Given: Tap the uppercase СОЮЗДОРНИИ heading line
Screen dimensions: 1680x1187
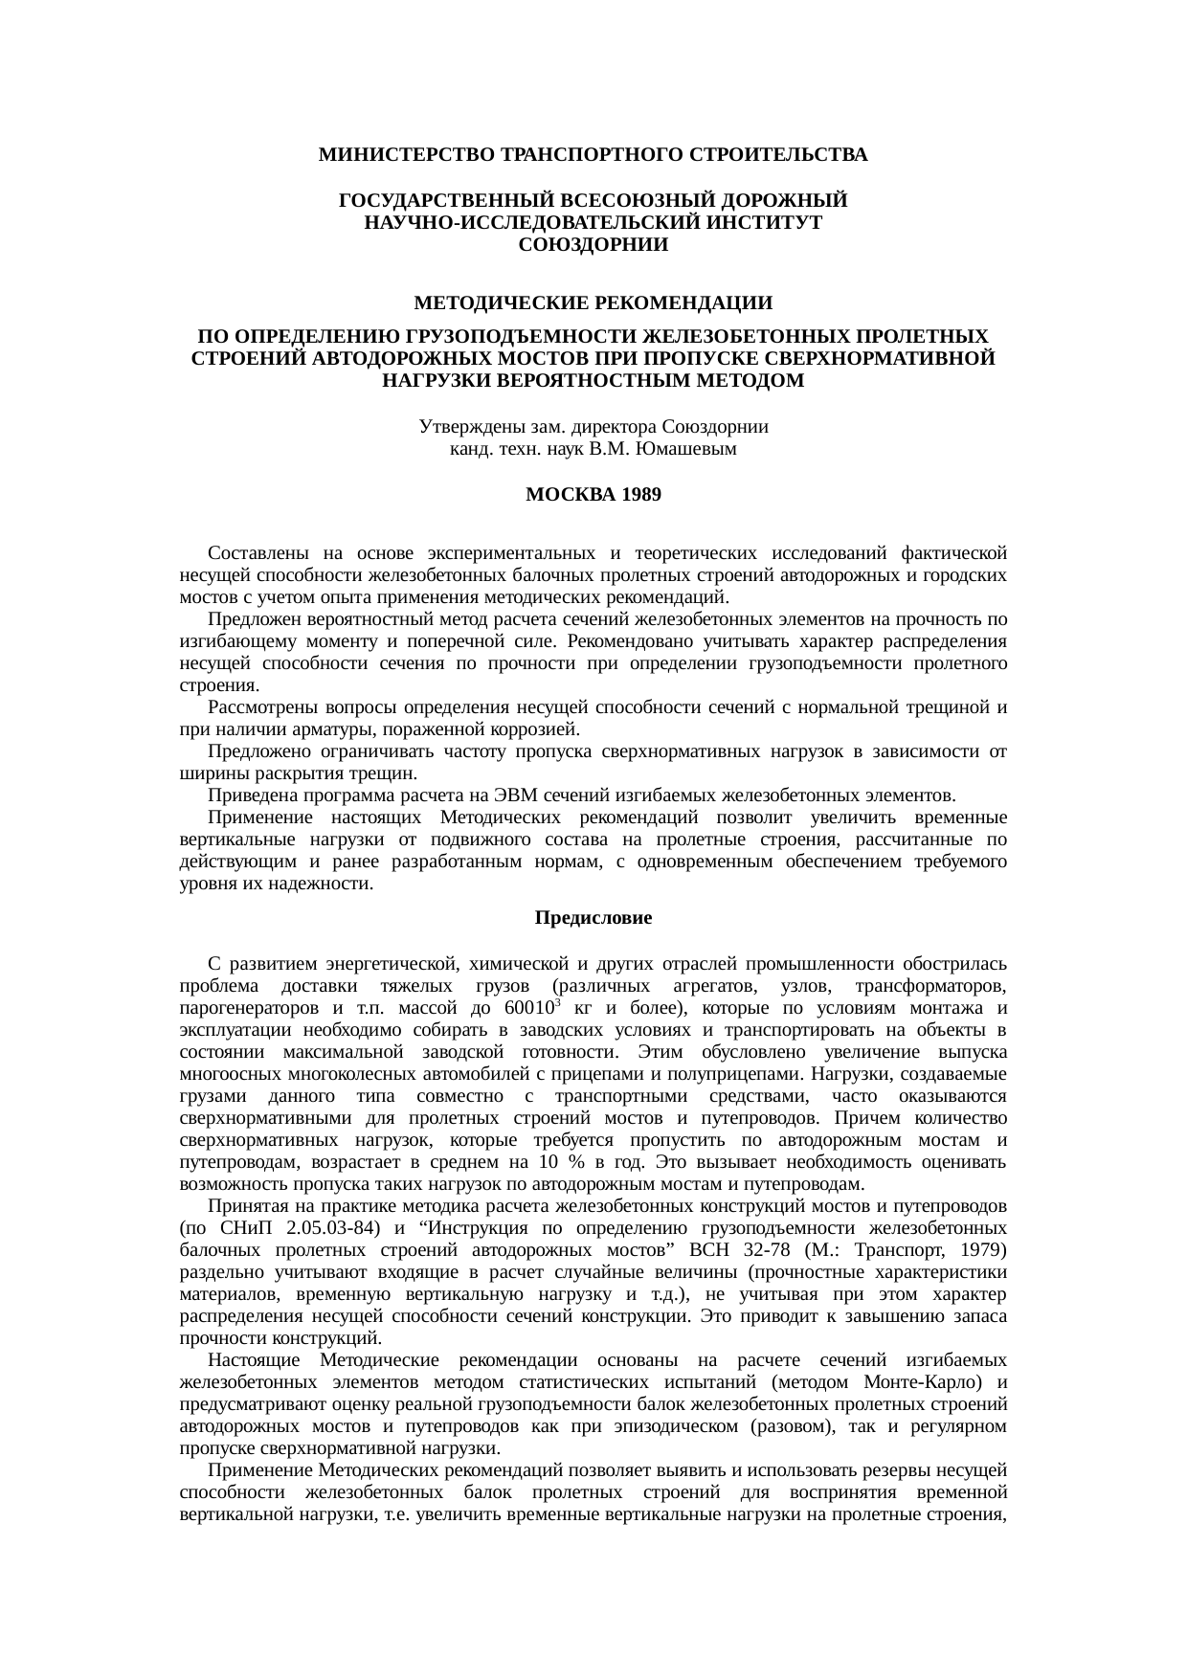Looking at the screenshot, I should pyautogui.click(x=593, y=245).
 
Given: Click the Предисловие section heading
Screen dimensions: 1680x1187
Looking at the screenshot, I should pyautogui.click(x=593, y=918).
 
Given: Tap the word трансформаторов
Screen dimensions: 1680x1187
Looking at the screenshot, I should pyautogui.click(x=930, y=987).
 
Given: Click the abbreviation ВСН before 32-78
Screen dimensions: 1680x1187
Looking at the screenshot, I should pyautogui.click(x=709, y=1250).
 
